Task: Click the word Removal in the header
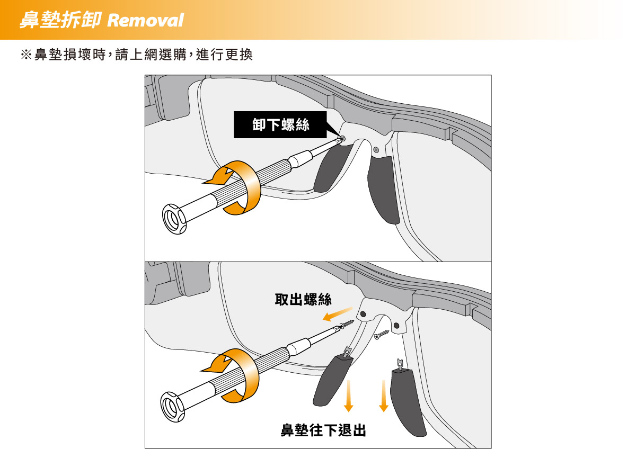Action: coord(145,20)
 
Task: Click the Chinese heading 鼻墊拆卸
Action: coord(60,20)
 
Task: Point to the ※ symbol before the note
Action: coord(26,55)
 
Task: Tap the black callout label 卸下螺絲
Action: coord(280,124)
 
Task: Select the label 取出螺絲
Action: coord(303,299)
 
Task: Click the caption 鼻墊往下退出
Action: coord(323,430)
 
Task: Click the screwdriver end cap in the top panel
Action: coord(174,219)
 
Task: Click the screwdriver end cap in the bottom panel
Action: coord(172,407)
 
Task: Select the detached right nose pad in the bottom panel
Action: coord(407,402)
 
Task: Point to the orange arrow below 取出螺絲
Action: coord(338,313)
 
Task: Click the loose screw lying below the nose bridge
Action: coord(381,335)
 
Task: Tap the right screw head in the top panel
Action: coord(376,150)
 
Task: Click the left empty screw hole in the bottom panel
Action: coord(363,314)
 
